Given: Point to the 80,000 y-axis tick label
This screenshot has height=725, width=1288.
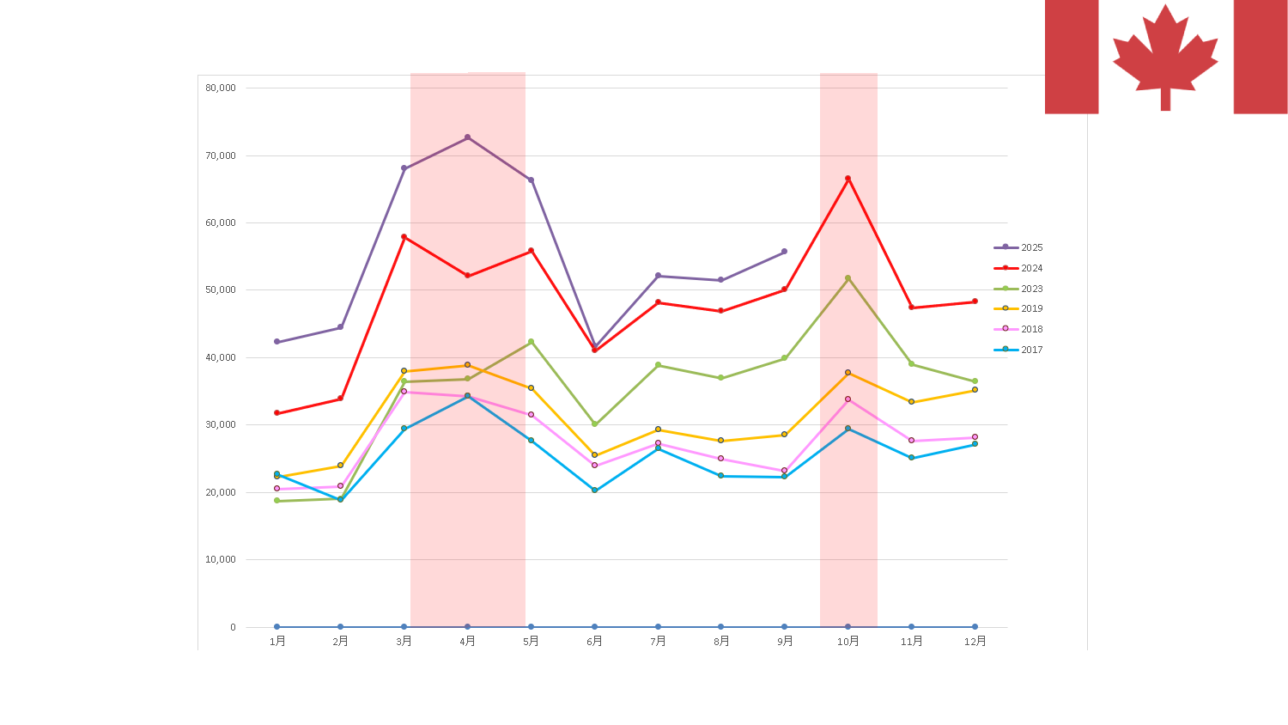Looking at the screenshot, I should (221, 88).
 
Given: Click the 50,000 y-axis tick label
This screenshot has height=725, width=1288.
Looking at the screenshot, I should (221, 289).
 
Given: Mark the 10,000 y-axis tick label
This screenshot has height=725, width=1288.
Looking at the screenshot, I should (221, 559).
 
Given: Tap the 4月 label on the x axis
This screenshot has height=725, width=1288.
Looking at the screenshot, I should (468, 642).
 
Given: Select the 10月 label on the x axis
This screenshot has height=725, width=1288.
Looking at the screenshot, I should (848, 642).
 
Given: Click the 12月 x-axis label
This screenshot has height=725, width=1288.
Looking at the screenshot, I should (975, 642).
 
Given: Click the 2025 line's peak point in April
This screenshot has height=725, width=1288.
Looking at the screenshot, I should (468, 137).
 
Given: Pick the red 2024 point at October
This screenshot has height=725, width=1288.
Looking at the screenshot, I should (848, 179).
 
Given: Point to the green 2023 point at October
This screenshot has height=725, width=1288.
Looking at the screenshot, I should (848, 278).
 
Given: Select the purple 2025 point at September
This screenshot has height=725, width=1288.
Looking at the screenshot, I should (785, 252).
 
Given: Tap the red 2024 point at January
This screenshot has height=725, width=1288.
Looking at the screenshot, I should (276, 413).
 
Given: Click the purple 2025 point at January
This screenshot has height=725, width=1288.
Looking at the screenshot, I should (276, 342).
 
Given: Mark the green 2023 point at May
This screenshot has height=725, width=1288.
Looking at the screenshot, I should (532, 342).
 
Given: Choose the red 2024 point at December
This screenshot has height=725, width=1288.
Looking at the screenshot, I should (975, 302).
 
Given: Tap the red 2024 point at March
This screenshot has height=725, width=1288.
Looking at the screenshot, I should (404, 237).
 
